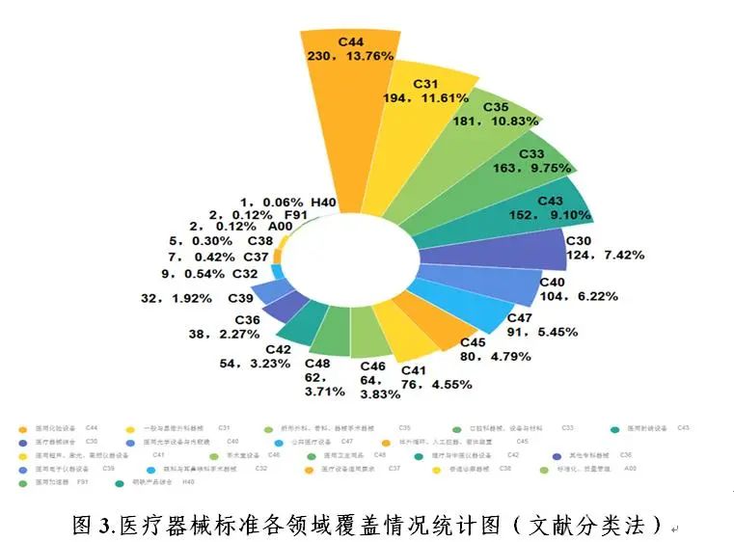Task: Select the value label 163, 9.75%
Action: click(530, 166)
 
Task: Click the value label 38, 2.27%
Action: click(233, 334)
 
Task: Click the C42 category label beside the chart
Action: click(279, 349)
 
